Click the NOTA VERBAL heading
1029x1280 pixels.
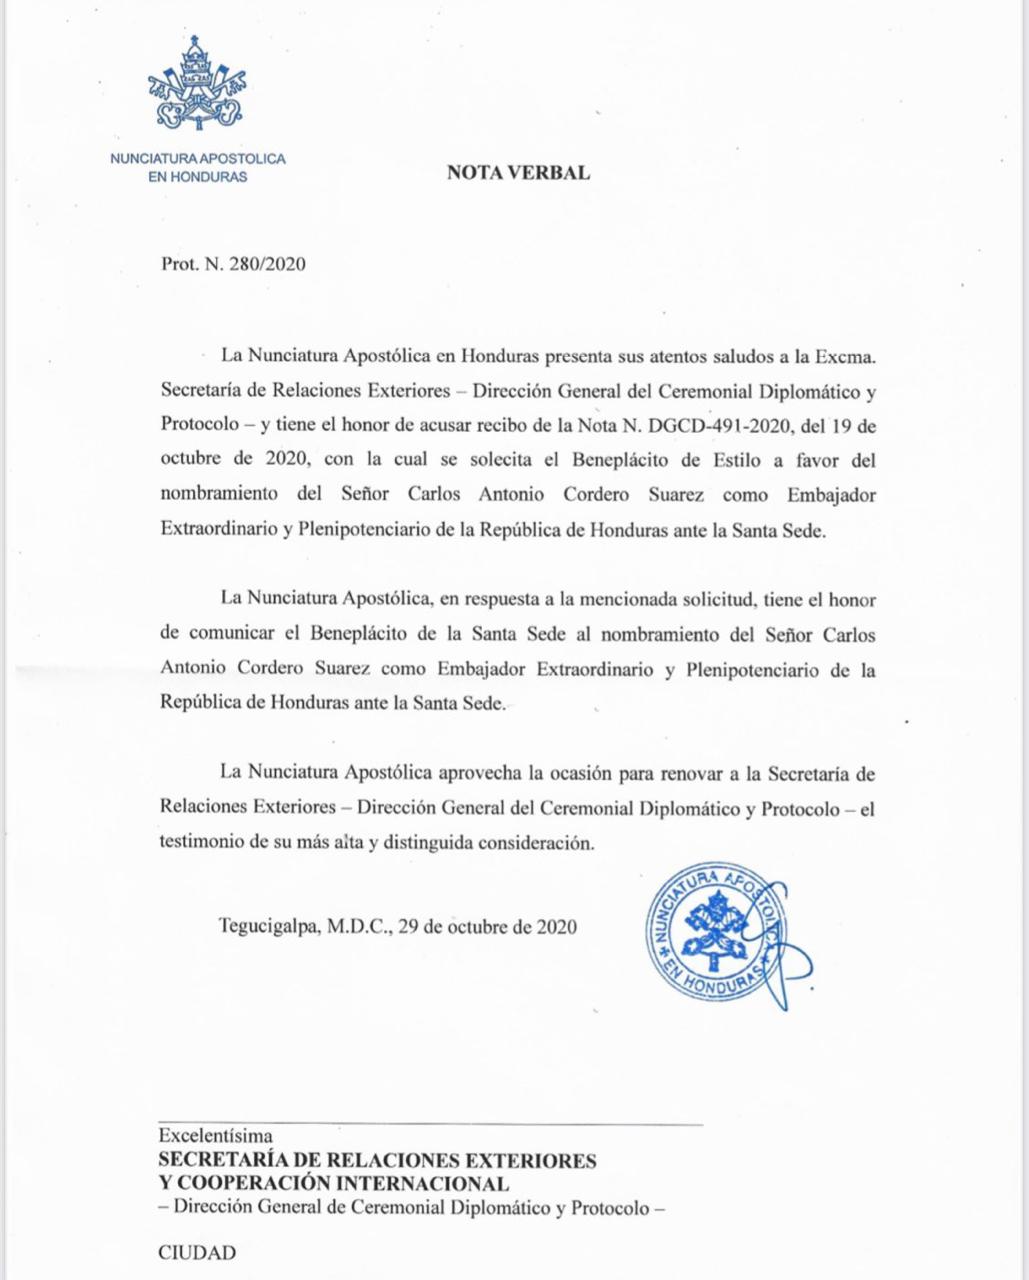tap(518, 172)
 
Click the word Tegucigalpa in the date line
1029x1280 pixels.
tap(267, 926)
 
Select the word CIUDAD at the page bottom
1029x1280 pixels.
tap(198, 1252)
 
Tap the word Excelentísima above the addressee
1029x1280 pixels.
tap(215, 1136)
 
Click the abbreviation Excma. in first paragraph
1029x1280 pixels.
tap(847, 355)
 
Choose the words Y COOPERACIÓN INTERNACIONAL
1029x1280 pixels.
tap(334, 1184)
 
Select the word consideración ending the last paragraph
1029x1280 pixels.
tap(532, 843)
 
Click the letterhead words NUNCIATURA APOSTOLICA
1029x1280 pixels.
tap(197, 159)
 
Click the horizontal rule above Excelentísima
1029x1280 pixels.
tap(430, 1125)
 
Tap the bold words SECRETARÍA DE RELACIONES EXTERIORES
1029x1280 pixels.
tap(377, 1161)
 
